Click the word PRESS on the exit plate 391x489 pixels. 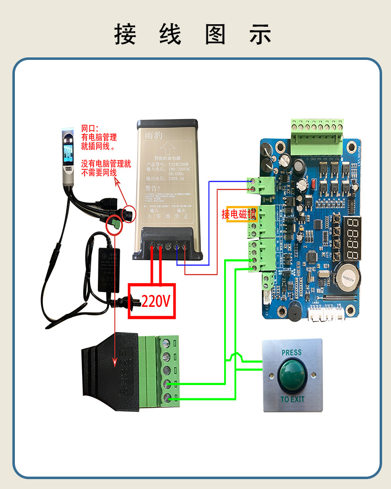[x=292, y=353]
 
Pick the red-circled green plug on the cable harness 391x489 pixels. [x=115, y=224]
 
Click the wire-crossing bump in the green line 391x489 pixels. [x=236, y=356]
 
